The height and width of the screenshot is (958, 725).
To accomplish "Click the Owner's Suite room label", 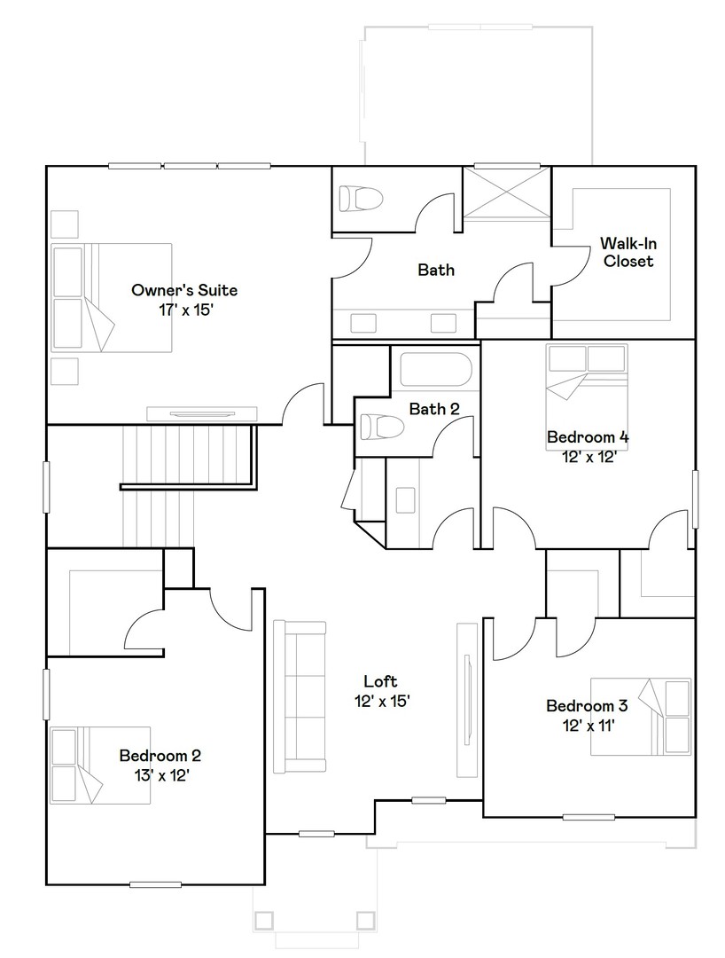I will point(184,290).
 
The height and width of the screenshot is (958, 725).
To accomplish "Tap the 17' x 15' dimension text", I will point(184,310).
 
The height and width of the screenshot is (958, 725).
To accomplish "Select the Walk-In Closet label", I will point(627,252).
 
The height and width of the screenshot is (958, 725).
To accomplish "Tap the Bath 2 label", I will point(434,409).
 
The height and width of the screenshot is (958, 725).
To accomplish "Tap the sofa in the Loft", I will point(300,695).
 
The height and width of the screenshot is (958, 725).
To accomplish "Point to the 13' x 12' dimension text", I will point(160,775).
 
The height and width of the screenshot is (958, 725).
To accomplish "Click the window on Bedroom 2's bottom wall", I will point(155,883).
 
